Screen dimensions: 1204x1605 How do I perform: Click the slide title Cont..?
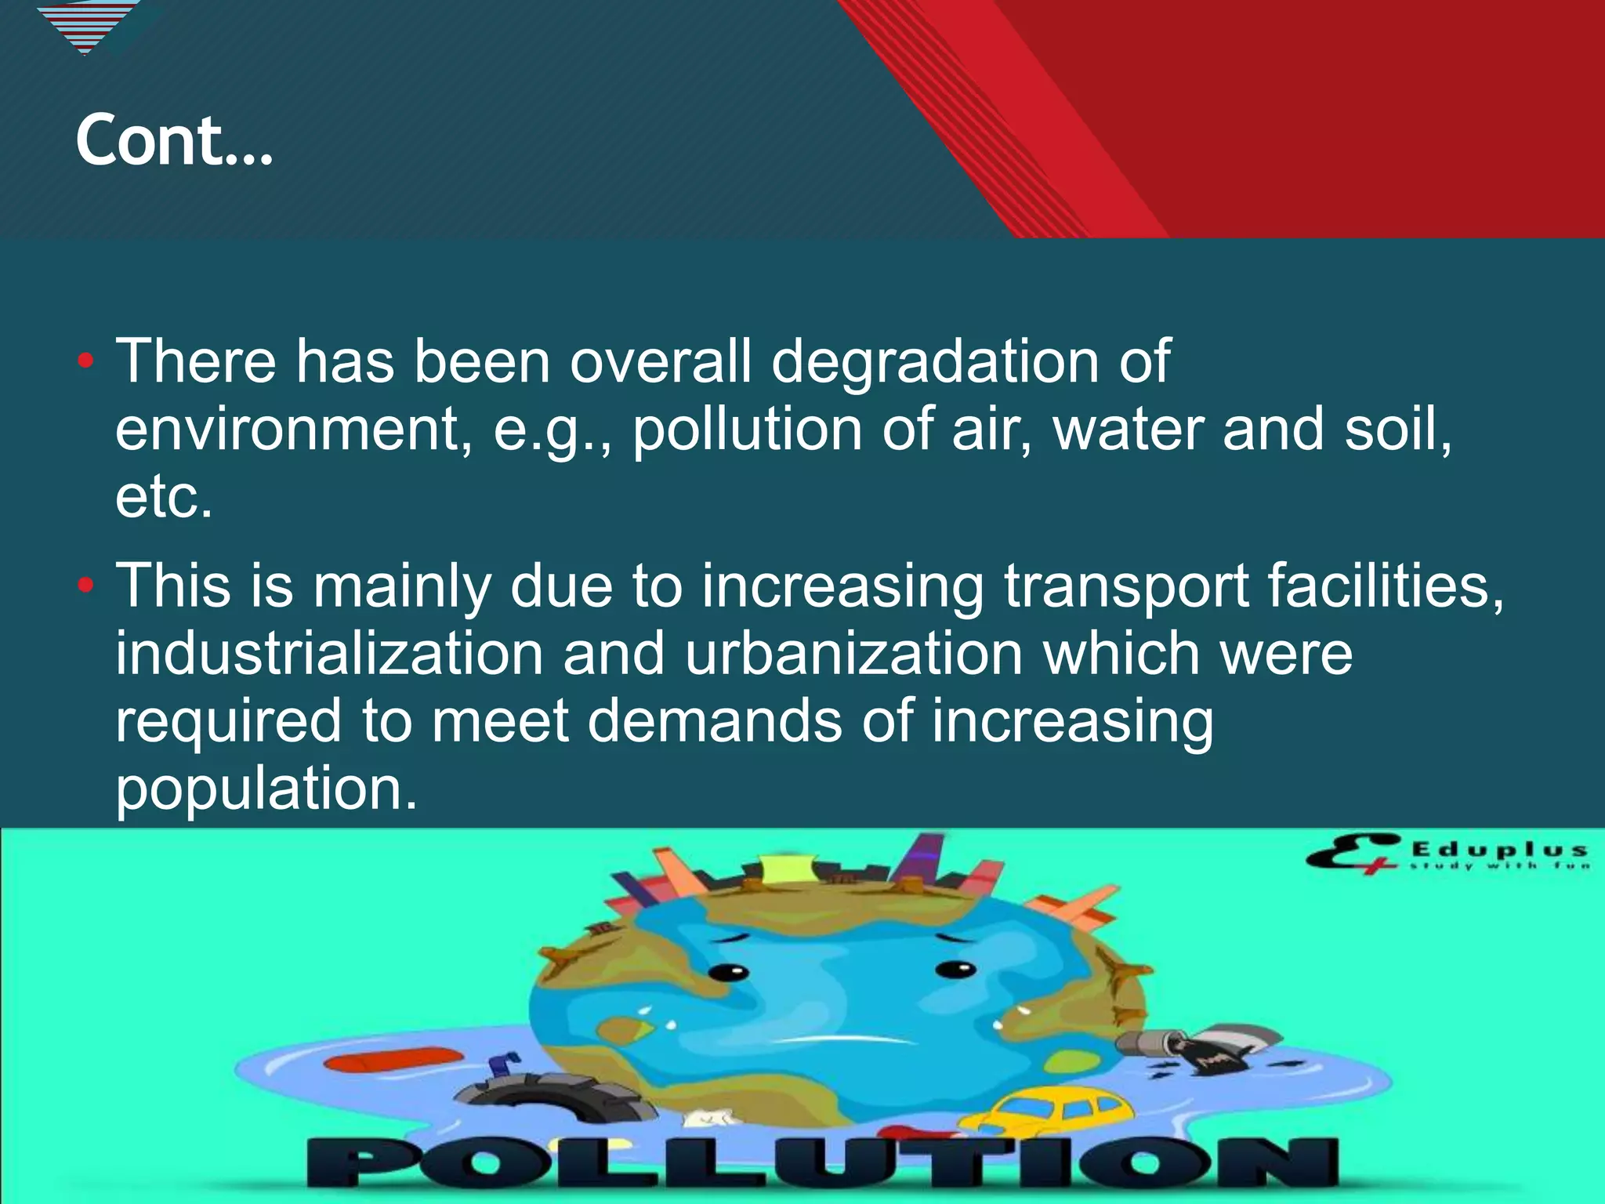point(174,141)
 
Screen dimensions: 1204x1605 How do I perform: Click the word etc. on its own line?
point(164,497)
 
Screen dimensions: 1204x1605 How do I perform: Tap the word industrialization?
point(329,654)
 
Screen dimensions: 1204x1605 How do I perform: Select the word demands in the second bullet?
point(713,721)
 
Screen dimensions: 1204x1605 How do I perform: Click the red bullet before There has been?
point(86,362)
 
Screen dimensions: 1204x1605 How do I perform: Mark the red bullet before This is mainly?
point(86,586)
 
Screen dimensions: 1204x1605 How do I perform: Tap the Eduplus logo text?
point(1498,850)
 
